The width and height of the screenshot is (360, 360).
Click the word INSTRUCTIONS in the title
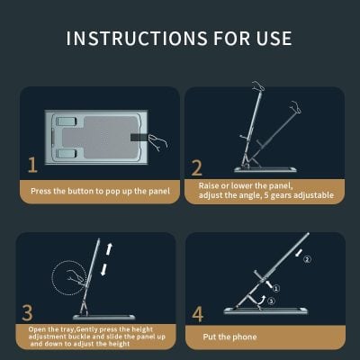click(137, 39)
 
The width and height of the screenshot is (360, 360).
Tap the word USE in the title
click(274, 39)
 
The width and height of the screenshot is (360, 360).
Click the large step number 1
click(32, 165)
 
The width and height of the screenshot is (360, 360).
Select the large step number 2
click(197, 168)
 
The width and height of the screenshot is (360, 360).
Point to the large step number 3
click(27, 312)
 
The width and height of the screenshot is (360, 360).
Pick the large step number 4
click(198, 314)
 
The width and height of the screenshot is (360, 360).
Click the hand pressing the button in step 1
click(158, 142)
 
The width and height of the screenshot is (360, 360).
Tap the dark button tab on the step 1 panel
click(139, 138)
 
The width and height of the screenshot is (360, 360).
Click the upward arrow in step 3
click(110, 248)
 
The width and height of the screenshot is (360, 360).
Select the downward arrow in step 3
click(104, 269)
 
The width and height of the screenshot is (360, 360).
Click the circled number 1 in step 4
click(276, 289)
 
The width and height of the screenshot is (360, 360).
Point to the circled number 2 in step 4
click(307, 259)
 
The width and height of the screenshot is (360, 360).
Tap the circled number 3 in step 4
click(271, 301)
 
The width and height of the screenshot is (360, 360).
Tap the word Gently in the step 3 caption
click(87, 329)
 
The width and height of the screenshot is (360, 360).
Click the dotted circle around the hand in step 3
click(51, 277)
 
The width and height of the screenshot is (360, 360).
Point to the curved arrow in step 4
click(262, 300)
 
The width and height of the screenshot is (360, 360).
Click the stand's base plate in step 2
click(265, 169)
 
